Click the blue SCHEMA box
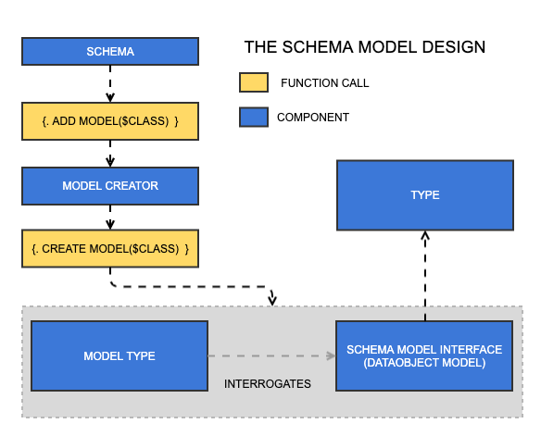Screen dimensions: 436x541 110,52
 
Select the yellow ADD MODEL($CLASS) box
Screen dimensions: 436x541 110,121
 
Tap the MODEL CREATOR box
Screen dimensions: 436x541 110,185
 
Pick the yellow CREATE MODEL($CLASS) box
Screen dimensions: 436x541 110,249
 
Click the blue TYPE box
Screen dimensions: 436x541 424,195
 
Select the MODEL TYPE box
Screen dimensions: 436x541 120,356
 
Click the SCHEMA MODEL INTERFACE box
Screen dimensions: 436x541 424,356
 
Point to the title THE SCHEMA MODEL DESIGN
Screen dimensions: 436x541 364,47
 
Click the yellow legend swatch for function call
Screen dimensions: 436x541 253,83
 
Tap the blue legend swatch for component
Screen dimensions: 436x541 253,118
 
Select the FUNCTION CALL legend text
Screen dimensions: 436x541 324,83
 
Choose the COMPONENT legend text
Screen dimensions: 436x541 313,118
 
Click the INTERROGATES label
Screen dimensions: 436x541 268,383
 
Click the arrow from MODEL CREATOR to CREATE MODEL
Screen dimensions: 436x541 110,218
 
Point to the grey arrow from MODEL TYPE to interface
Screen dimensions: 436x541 270,355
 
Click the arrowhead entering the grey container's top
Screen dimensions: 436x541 272,299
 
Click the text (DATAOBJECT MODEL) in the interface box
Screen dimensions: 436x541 424,364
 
